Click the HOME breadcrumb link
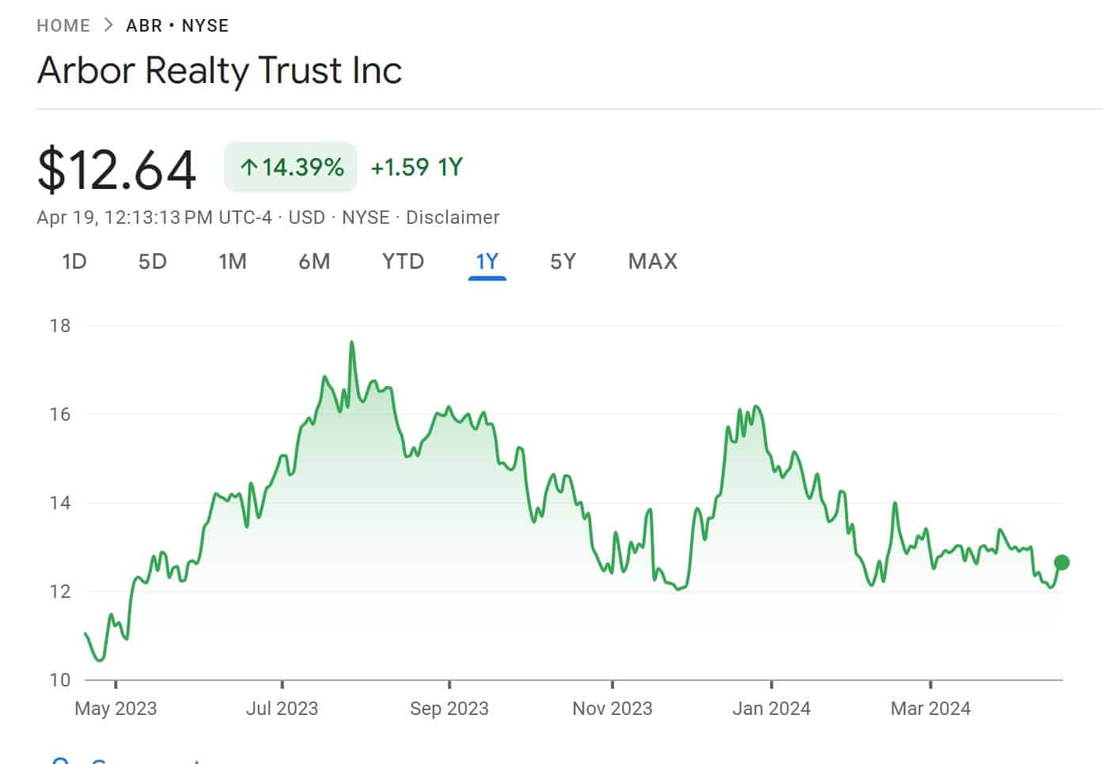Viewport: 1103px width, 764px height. [x=63, y=25]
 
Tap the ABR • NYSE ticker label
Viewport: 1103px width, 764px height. [x=177, y=25]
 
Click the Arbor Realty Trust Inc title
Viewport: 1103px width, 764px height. [x=219, y=70]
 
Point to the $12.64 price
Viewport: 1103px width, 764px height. [x=116, y=168]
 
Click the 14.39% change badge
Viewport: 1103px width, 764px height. [x=290, y=167]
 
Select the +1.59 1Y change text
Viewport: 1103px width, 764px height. [x=416, y=167]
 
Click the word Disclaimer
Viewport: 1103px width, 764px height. [x=453, y=217]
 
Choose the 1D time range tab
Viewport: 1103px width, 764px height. [x=74, y=262]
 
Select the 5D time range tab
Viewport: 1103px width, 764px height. [x=152, y=262]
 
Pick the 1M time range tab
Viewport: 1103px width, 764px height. [x=233, y=262]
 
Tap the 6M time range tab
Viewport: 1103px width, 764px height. [x=314, y=262]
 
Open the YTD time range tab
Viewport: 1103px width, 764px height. [x=403, y=262]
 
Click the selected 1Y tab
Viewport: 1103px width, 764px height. [x=487, y=262]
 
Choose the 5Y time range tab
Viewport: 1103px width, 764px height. [x=563, y=262]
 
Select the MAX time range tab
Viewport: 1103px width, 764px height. [x=653, y=262]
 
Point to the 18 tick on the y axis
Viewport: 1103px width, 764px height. [x=60, y=326]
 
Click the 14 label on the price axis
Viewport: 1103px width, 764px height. [x=60, y=503]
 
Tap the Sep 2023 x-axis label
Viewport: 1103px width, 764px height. [x=449, y=709]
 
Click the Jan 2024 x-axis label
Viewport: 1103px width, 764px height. [x=771, y=709]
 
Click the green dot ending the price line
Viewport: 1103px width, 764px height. [x=1062, y=562]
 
